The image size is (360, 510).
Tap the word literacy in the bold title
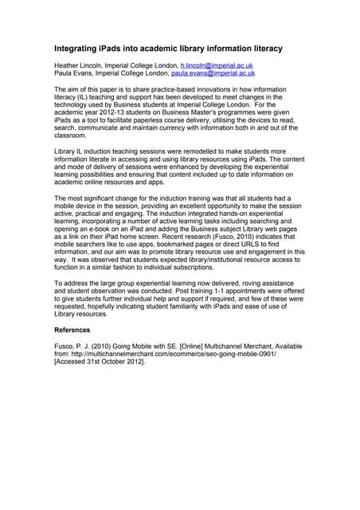click(260, 49)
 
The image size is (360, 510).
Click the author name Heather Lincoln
click(80, 65)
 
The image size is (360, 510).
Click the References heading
click(72, 330)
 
